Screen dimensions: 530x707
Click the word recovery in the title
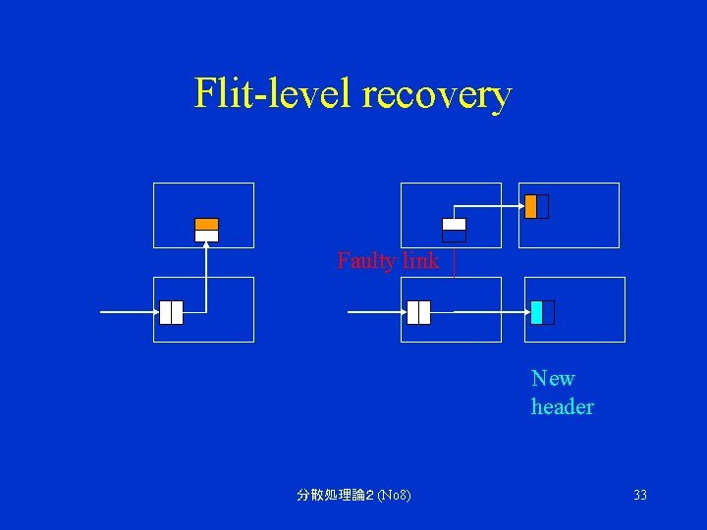tap(437, 96)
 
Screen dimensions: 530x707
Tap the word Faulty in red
tap(365, 261)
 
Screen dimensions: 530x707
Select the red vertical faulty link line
tap(454, 263)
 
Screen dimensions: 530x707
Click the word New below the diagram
tap(553, 379)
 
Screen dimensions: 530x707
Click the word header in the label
tap(562, 406)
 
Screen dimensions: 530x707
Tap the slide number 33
tap(640, 496)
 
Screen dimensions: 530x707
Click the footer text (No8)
tap(394, 496)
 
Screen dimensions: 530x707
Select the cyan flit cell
tap(536, 312)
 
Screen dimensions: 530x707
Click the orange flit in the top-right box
tap(530, 206)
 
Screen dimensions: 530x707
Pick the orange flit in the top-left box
tap(206, 225)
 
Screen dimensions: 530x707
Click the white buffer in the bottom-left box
tap(171, 312)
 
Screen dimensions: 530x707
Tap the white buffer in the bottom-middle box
tap(418, 312)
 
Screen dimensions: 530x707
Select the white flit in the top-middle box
tap(454, 225)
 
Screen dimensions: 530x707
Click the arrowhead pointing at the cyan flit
tap(523, 312)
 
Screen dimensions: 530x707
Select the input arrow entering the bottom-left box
tap(128, 312)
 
